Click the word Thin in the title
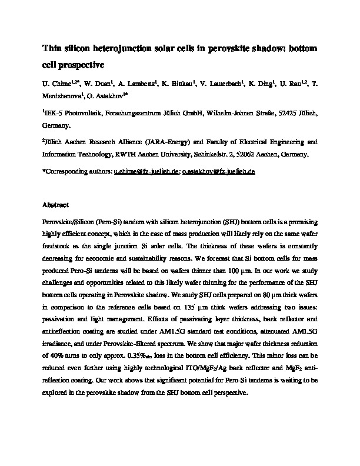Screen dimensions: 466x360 point(52,49)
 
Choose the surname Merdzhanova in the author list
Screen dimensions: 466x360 point(61,96)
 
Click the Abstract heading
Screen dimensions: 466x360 point(56,205)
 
